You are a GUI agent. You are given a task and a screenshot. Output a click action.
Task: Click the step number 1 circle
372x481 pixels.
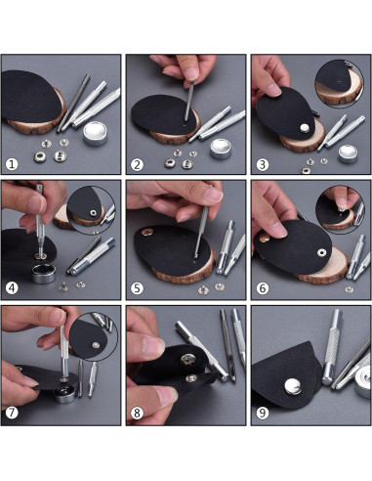(x=13, y=162)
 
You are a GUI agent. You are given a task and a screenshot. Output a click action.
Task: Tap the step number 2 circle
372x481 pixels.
(x=138, y=162)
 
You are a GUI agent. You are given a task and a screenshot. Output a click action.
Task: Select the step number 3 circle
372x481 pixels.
(x=262, y=162)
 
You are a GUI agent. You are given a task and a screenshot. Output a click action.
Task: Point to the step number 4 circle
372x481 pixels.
(x=13, y=287)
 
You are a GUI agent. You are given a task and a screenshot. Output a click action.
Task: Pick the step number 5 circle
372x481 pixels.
(x=138, y=287)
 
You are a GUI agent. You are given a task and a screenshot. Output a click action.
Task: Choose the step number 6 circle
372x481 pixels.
(x=262, y=287)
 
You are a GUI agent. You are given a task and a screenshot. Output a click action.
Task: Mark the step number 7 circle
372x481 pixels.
(x=13, y=413)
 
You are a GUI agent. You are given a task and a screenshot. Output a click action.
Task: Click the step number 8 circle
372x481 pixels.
(x=138, y=413)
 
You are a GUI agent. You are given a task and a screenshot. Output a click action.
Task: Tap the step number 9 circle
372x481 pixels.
(x=262, y=413)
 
